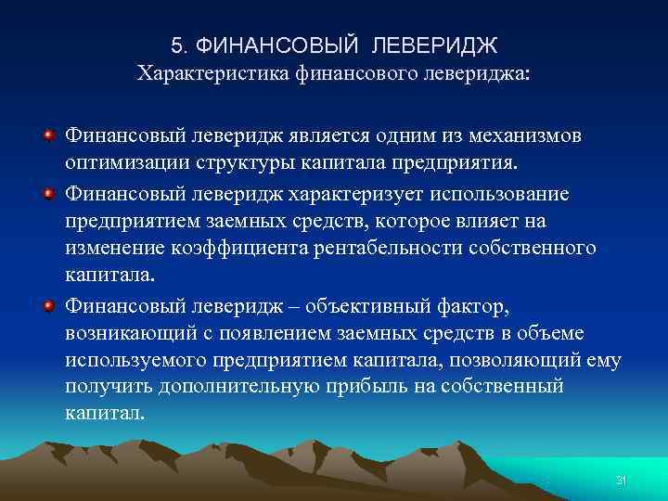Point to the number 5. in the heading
tap(181, 45)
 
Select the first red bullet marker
tap(46, 137)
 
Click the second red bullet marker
tap(46, 196)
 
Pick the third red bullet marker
tap(46, 306)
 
